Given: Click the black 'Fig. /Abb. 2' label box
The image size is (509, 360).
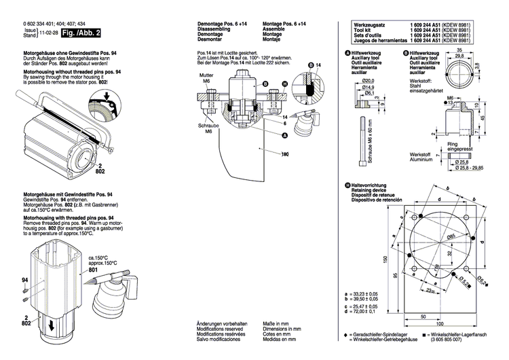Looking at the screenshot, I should point(81,33).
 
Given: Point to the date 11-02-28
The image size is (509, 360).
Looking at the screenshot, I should point(48,33).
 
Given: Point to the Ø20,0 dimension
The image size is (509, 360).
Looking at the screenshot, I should point(366,80).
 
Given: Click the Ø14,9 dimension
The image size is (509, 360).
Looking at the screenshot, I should point(368,88).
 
